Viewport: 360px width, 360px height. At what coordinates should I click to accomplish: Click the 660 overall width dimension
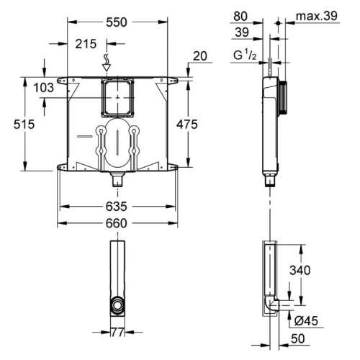tap(116, 223)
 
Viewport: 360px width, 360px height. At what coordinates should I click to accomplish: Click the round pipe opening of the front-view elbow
tap(117, 308)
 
